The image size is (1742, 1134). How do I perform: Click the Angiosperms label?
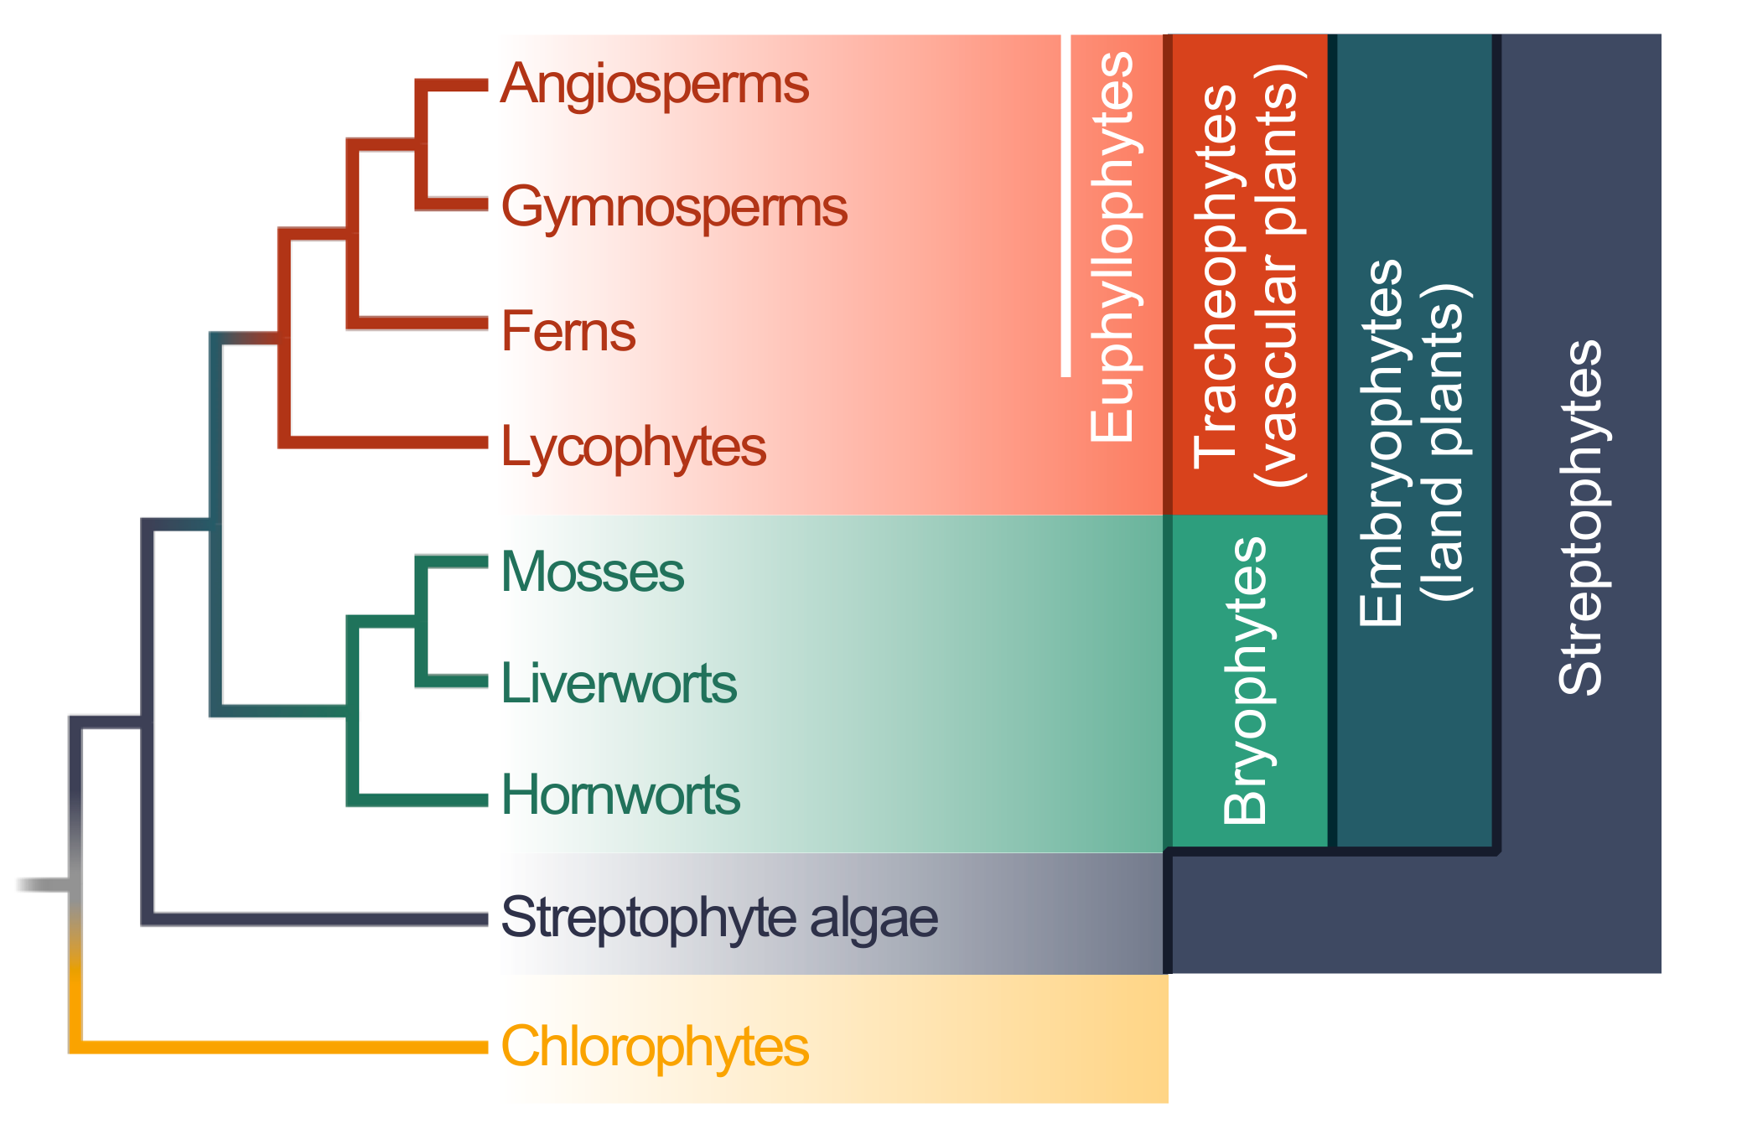(654, 86)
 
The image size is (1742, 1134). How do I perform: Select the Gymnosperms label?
(673, 208)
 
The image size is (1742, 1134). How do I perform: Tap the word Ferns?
(568, 331)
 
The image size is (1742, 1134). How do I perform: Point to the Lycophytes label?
(633, 447)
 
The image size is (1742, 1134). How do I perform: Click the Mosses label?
(592, 572)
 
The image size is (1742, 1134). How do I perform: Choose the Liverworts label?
(618, 684)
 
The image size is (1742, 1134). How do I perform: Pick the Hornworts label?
(620, 795)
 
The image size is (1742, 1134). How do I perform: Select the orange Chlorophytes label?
(654, 1047)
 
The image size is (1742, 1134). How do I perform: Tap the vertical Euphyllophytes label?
(1112, 246)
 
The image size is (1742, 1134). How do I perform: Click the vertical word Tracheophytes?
(1216, 277)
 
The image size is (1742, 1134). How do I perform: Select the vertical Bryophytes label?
(1246, 681)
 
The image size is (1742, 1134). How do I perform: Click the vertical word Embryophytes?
(1382, 443)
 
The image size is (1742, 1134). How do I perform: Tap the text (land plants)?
(1444, 443)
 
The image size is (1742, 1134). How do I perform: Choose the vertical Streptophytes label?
(1580, 517)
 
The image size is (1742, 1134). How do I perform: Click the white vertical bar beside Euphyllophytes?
(1065, 205)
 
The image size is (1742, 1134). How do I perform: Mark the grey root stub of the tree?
(42, 885)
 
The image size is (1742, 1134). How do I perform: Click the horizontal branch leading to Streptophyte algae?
(319, 919)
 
